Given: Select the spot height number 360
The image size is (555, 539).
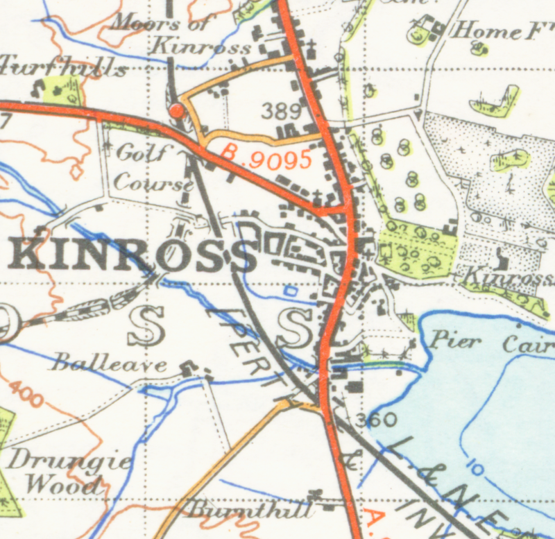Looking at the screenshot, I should click(x=376, y=420).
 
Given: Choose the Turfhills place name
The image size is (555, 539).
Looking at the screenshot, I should click(x=62, y=68).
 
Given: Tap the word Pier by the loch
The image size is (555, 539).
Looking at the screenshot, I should click(x=455, y=341).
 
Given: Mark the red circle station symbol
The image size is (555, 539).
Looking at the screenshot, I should click(x=176, y=110).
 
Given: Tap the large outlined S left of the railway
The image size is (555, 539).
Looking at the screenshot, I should click(x=147, y=327).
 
